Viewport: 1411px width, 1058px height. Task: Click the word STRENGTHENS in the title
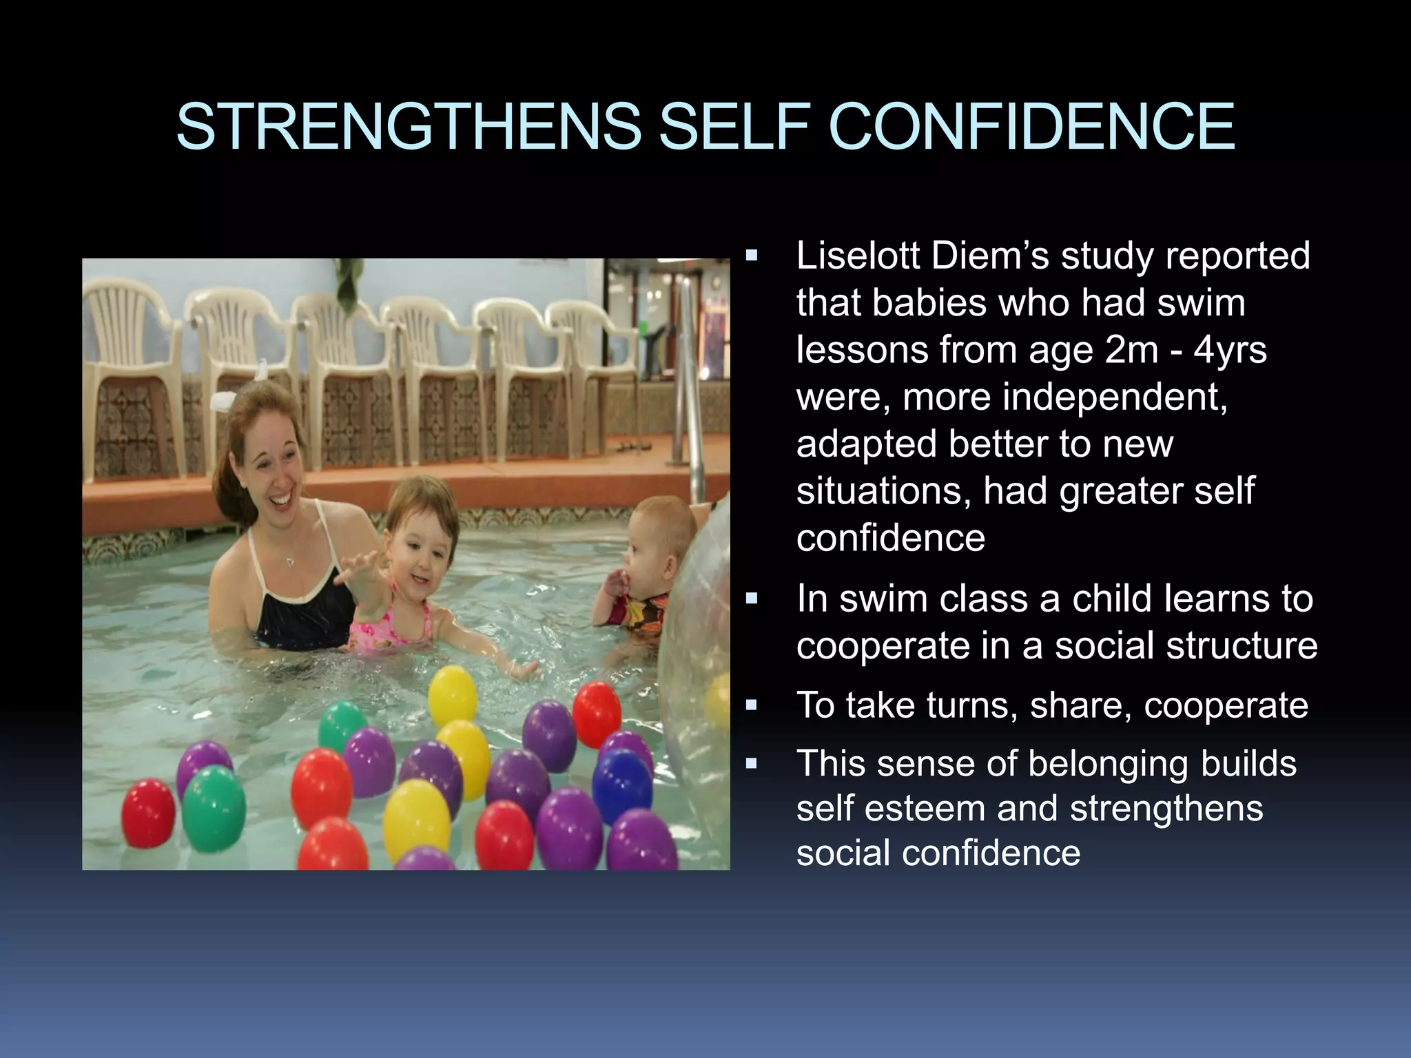[x=408, y=127]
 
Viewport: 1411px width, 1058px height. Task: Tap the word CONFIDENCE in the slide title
[x=1031, y=127]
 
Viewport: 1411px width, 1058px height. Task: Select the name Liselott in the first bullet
[x=858, y=256]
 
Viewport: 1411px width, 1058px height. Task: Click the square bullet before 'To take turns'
[x=752, y=705]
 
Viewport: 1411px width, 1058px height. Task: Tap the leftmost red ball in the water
[x=148, y=813]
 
